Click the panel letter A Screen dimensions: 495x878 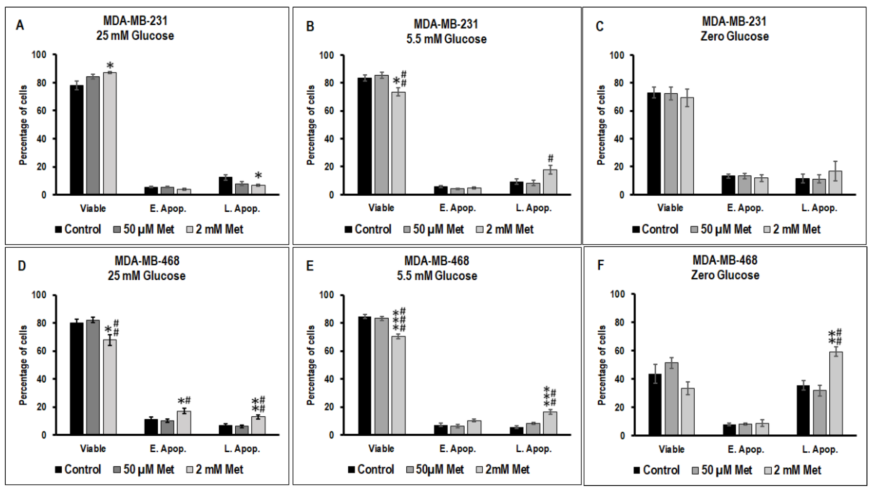point(20,26)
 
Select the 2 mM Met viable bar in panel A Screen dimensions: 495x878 point(110,133)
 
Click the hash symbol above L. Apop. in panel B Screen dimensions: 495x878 point(550,158)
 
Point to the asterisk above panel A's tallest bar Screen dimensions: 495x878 point(110,65)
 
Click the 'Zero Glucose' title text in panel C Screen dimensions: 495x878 point(734,36)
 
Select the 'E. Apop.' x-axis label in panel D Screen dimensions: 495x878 point(168,449)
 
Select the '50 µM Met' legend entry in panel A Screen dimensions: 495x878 point(148,229)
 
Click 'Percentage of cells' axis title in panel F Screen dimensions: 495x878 point(602,365)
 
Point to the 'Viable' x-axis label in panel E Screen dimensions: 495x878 point(381,449)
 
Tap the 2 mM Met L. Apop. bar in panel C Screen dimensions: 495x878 point(836,182)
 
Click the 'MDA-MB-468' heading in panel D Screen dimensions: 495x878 point(147,261)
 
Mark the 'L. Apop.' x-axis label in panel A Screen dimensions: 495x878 point(242,209)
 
